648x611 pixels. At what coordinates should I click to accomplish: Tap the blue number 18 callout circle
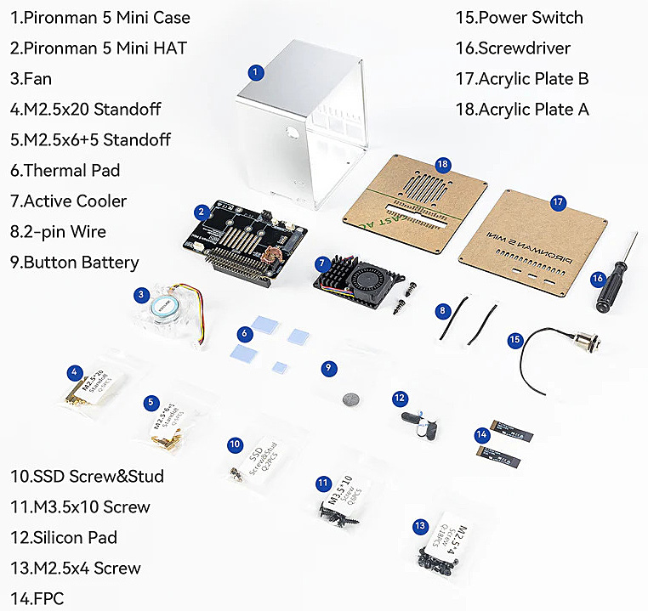[x=442, y=164]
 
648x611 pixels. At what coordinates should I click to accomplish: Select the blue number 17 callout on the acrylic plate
[x=558, y=202]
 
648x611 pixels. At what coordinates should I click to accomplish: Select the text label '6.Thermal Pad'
[x=65, y=170]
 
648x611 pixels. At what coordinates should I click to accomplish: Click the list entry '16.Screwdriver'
[x=513, y=48]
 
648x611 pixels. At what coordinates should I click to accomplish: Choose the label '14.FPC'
[x=37, y=598]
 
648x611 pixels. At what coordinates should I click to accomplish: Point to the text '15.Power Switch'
[x=520, y=17]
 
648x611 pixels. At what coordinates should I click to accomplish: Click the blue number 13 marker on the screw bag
[x=419, y=527]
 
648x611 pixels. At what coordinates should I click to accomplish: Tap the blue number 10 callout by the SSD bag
[x=236, y=444]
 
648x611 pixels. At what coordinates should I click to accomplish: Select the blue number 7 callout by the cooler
[x=321, y=263]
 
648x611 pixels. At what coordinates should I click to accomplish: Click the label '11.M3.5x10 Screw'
[x=81, y=506]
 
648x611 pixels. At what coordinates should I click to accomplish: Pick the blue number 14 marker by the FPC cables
[x=482, y=433]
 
